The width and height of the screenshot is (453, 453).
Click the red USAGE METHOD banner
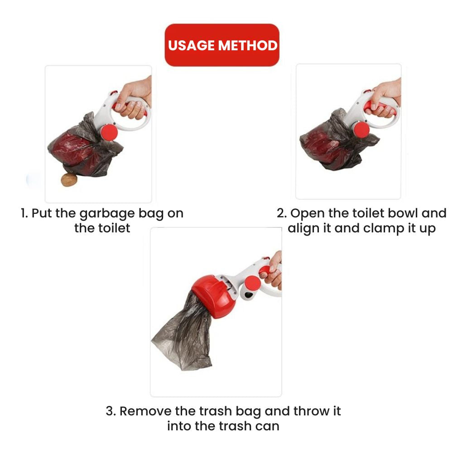[222, 45]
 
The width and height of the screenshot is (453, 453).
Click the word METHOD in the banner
[248, 45]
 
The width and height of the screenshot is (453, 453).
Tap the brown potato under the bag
[69, 180]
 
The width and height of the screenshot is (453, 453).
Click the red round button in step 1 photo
[109, 132]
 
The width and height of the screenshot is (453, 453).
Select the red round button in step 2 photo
[361, 130]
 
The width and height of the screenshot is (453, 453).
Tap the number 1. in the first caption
[24, 213]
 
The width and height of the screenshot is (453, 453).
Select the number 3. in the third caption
[111, 411]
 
